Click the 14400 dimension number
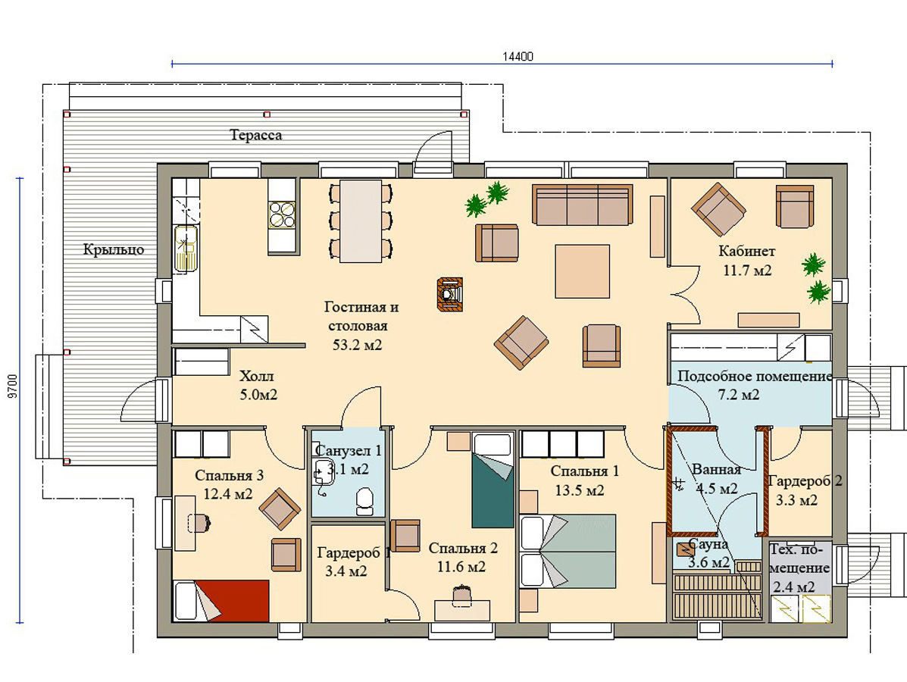[518, 57]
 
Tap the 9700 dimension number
[14, 386]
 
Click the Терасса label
[255, 136]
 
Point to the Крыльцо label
[114, 250]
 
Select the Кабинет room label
[747, 251]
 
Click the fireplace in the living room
[451, 295]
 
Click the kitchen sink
[186, 248]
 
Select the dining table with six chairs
[361, 221]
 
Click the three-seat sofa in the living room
[583, 205]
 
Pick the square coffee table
[583, 271]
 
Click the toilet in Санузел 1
[364, 502]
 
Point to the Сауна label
[708, 544]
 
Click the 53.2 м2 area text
[358, 346]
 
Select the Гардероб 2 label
[805, 481]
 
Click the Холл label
[257, 377]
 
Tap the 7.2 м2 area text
[739, 395]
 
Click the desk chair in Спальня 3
[199, 522]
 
